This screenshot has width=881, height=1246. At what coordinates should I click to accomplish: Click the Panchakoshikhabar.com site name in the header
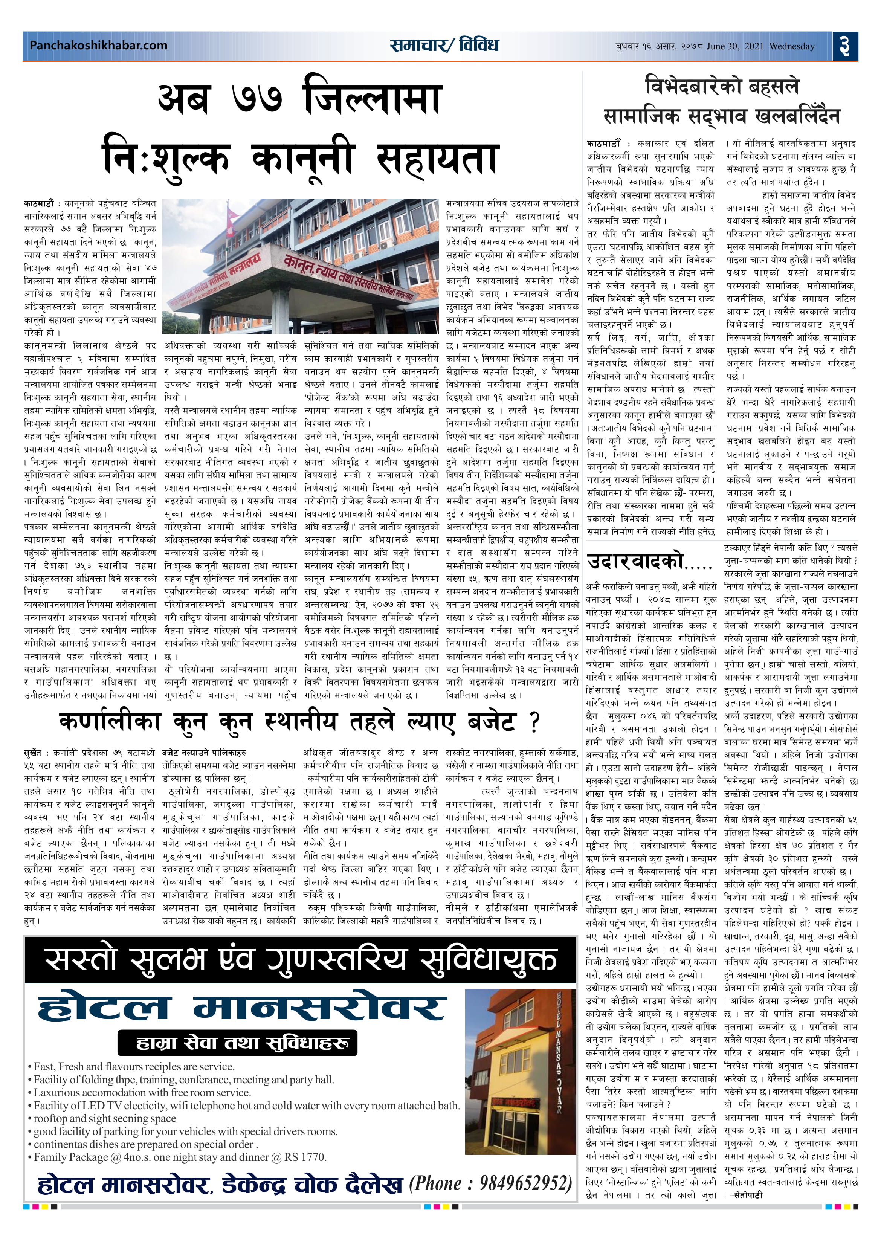click(98, 46)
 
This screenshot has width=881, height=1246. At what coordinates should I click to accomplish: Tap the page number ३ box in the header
click(844, 46)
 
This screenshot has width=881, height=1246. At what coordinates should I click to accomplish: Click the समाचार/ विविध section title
click(443, 45)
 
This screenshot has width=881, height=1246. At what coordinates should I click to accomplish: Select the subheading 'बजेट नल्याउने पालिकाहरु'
click(204, 753)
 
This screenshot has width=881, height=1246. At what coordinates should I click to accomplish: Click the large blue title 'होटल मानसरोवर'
click(241, 1008)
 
